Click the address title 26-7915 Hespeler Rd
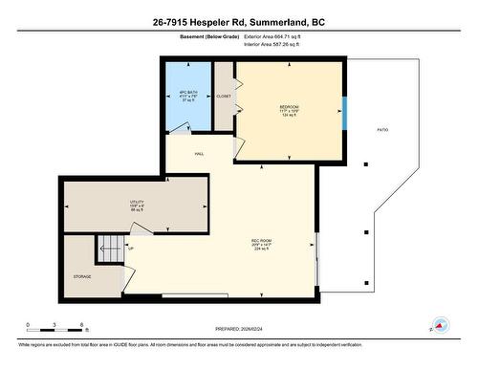coord(238,22)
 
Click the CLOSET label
coord(224,96)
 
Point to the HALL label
coord(199,152)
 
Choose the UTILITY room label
coord(136,202)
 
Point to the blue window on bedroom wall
coord(344,112)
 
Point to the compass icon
coord(441,324)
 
